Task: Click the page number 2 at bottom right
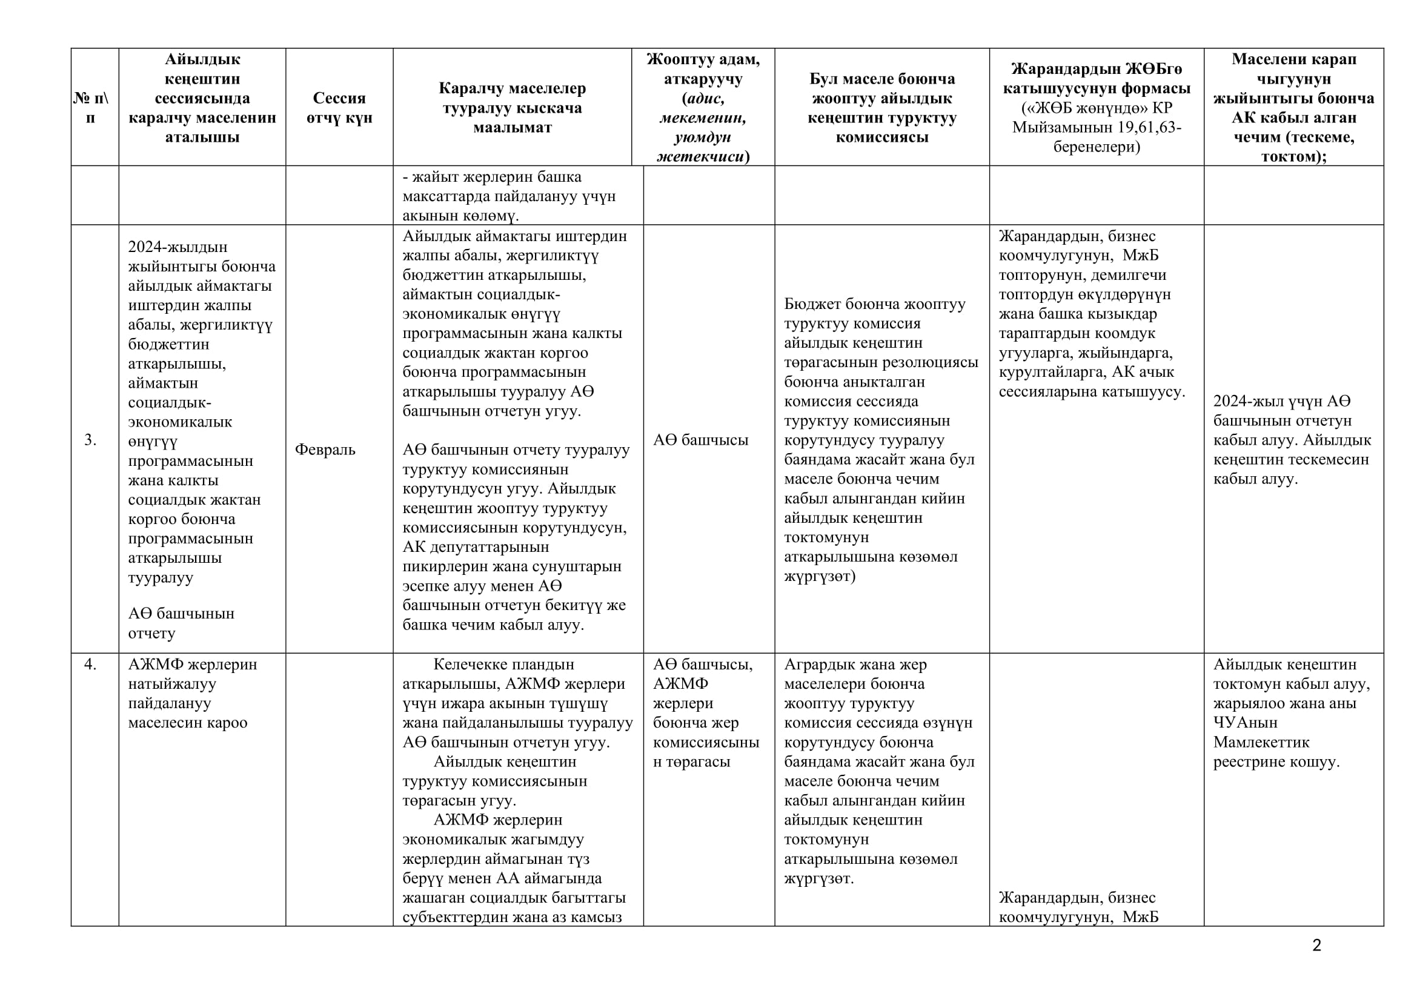point(1316,946)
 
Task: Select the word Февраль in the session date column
point(325,449)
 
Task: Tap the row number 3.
point(90,440)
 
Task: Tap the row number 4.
point(90,665)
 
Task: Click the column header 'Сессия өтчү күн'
point(339,107)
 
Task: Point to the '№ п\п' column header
point(91,107)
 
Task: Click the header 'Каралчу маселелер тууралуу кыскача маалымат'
point(513,107)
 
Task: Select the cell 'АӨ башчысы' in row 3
point(700,440)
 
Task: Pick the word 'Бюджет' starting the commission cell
point(814,304)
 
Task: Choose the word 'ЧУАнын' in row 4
point(1246,723)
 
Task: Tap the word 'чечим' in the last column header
point(1255,137)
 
